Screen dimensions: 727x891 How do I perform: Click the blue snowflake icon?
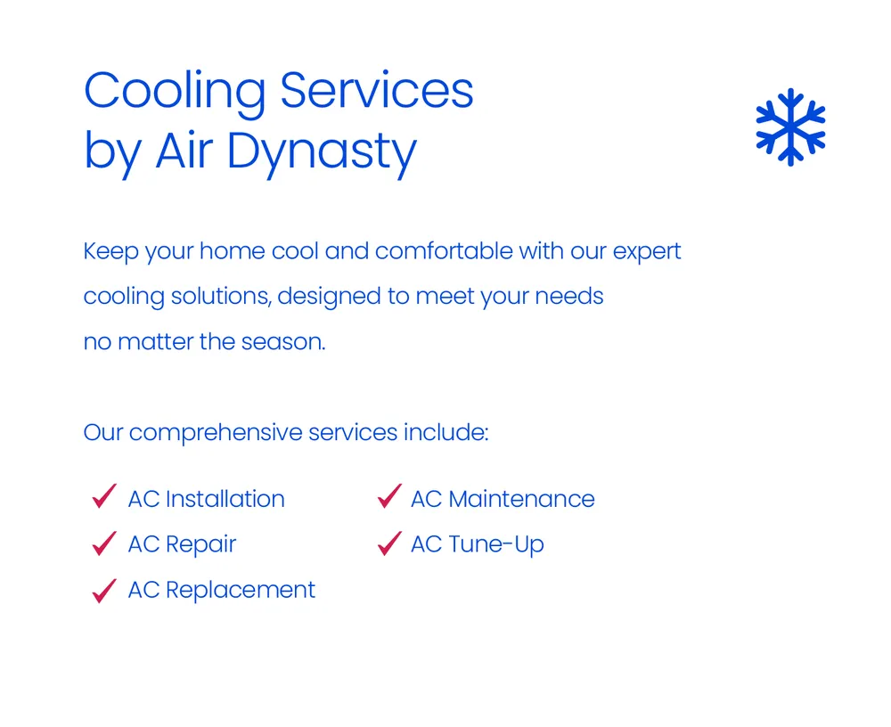790,127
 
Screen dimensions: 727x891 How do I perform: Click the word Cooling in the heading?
175,92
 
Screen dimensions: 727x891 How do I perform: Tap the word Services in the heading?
377,90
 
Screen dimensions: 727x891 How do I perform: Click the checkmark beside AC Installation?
104,497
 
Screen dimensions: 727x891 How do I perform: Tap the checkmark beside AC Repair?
104,543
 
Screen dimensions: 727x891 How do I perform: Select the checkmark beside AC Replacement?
104,589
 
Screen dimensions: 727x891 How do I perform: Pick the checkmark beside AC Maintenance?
388,497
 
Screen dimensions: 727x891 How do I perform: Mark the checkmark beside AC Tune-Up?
388,543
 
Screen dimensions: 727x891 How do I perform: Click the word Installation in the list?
225,499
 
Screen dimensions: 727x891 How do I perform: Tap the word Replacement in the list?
241,590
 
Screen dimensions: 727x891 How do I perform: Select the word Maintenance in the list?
521,499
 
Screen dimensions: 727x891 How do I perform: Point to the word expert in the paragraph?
647,252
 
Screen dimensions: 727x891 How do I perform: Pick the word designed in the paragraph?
330,298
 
